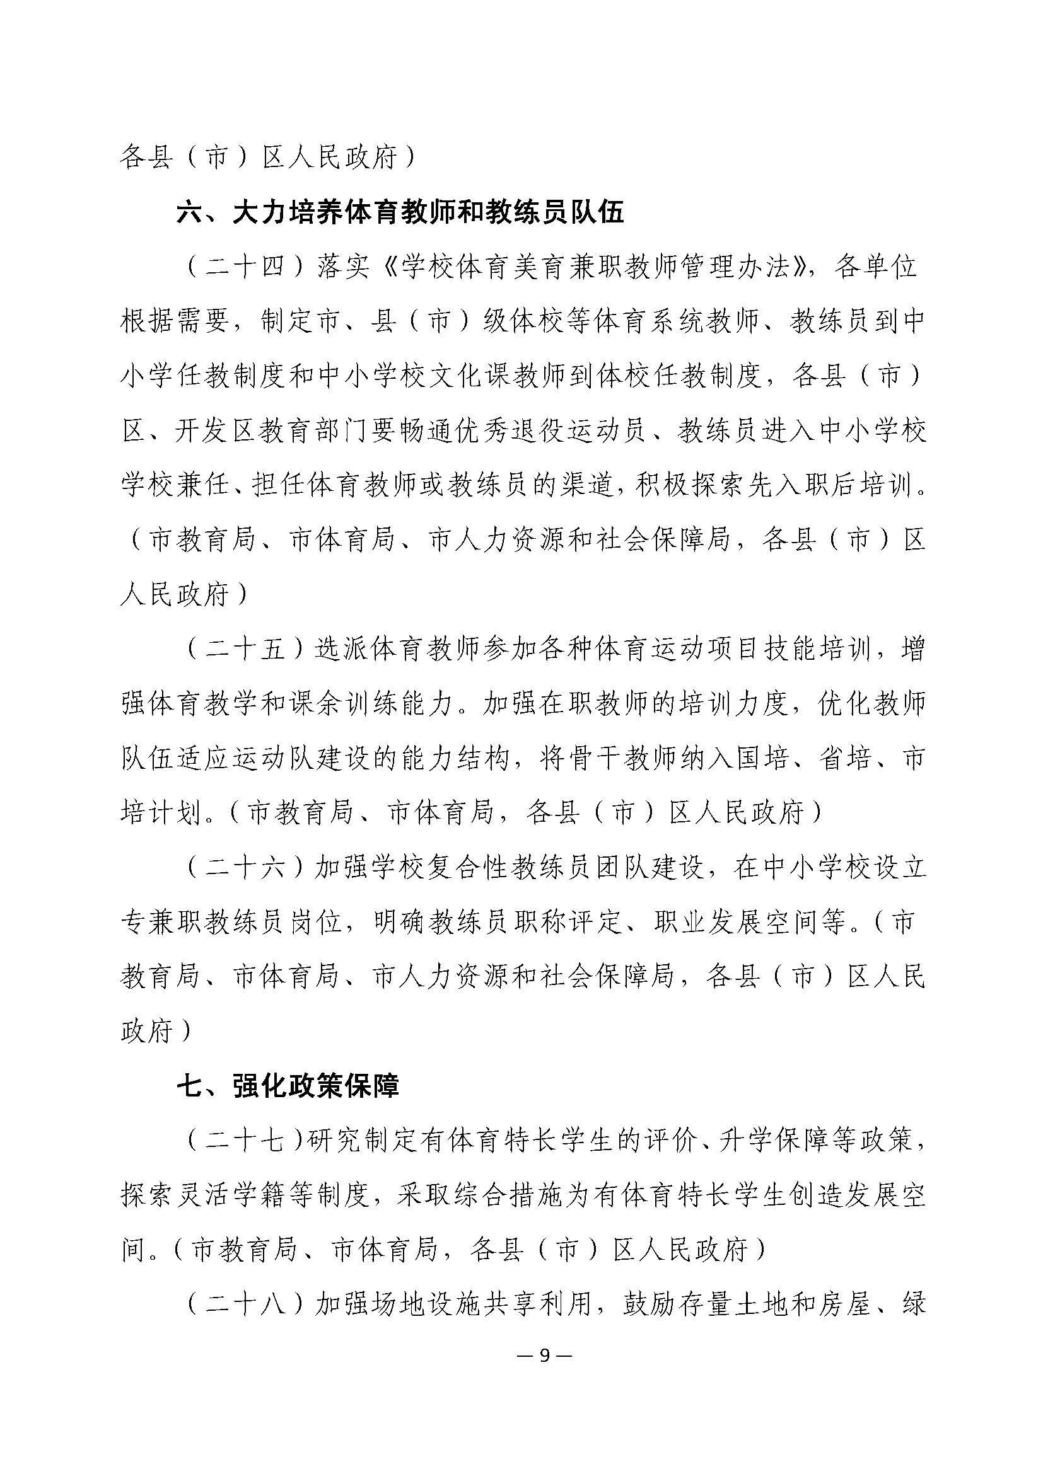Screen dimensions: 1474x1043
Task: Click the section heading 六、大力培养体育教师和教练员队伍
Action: click(400, 213)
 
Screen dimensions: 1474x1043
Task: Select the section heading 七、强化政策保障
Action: click(288, 1086)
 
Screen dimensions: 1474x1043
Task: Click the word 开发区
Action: click(215, 432)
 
